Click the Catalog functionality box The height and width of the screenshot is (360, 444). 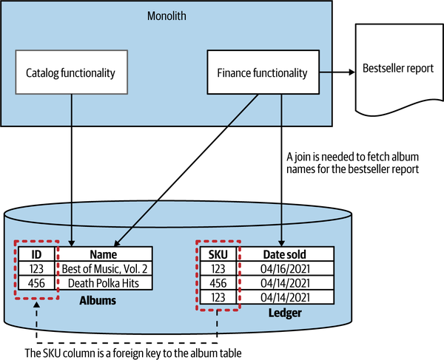pyautogui.click(x=71, y=72)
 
